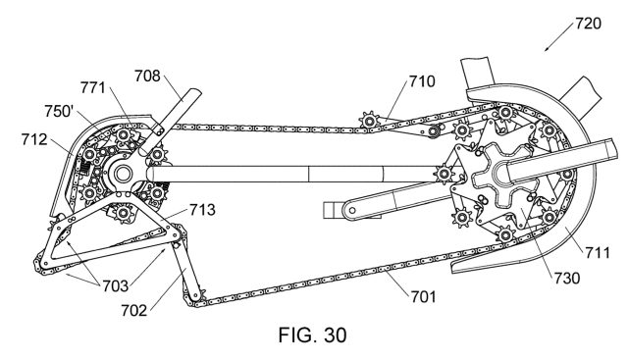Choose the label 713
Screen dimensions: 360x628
[203, 210]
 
